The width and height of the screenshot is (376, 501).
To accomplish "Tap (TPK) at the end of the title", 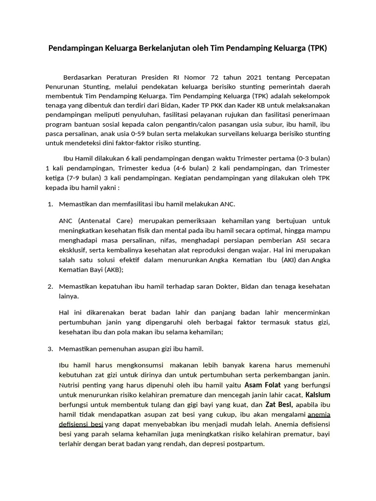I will coord(317,48).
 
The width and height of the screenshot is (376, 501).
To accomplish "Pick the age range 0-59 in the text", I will coord(150,134).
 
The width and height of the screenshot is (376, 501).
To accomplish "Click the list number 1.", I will coord(50,204).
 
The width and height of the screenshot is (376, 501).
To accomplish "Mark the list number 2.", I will coord(50,286).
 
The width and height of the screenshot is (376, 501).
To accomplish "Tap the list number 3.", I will coord(50,349).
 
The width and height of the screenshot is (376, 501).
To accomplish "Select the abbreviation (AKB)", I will coord(113,269).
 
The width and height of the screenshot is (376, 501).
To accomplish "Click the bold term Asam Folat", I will coord(262,385).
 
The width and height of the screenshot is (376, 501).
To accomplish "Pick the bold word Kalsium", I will coord(318,394).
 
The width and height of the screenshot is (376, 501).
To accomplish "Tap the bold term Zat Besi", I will coord(279,405).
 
